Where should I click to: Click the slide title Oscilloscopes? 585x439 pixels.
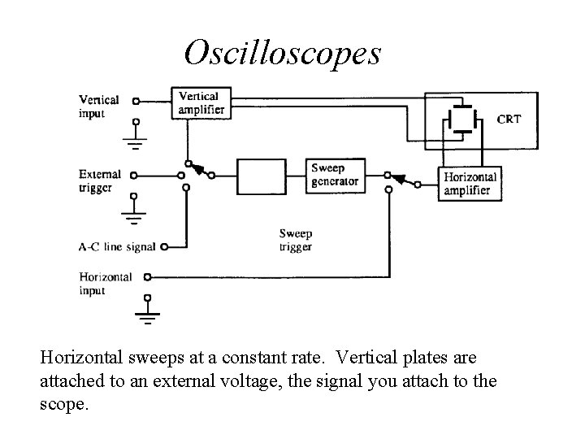[282, 54]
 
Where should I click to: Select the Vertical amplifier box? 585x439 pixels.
[198, 102]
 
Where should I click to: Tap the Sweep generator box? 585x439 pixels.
[334, 175]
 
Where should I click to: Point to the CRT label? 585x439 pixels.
[509, 119]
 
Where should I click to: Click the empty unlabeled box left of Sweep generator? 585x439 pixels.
[262, 175]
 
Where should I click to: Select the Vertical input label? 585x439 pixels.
[98, 106]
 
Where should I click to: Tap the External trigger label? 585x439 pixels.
[100, 180]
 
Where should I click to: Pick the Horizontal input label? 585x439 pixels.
[105, 283]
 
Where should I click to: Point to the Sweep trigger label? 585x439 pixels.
[295, 240]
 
